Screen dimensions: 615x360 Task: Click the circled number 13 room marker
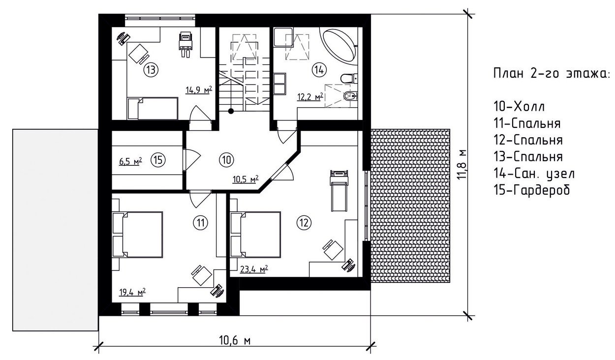tap(151, 70)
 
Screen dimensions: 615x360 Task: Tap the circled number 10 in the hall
tap(226, 160)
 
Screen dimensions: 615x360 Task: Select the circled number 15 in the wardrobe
tap(158, 160)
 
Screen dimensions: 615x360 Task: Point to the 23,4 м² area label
tap(254, 269)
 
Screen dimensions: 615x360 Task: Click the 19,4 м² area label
tap(132, 292)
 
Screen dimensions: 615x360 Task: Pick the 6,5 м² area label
tap(130, 161)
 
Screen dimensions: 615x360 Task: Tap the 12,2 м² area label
tap(310, 96)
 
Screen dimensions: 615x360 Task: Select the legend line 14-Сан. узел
tap(534, 174)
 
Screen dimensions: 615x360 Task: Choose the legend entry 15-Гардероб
tap(532, 190)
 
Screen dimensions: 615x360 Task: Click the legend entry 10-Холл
tap(519, 107)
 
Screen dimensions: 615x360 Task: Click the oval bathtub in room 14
tap(340, 46)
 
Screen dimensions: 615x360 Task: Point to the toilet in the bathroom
tap(349, 79)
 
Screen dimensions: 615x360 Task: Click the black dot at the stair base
tap(231, 111)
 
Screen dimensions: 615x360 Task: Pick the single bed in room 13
tap(153, 108)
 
